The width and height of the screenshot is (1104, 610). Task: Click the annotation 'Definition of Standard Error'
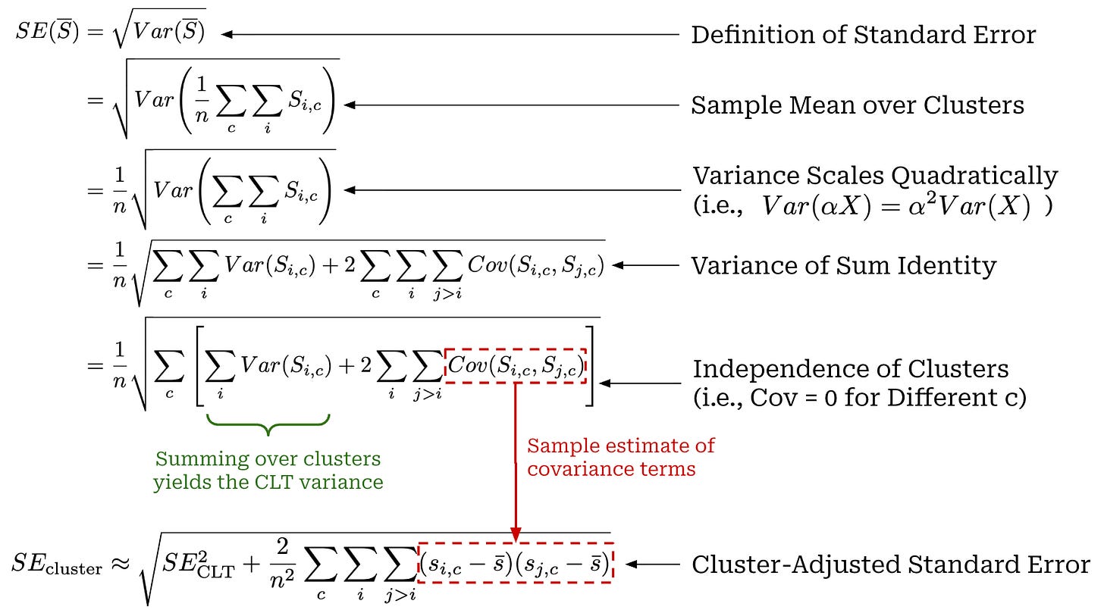point(863,35)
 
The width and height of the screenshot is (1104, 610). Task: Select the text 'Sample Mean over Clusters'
point(857,105)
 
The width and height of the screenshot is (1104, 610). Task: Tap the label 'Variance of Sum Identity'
point(844,265)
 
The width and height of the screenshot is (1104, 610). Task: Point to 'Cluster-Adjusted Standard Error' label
point(890,565)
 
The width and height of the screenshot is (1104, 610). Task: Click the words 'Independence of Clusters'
point(851,369)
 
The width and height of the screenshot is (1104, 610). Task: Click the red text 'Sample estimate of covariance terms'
point(621,457)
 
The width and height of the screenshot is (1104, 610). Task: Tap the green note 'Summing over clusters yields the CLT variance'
point(268,471)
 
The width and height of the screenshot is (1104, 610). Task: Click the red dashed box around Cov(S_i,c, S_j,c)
point(515,366)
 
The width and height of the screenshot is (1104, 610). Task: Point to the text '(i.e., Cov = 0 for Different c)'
point(859,397)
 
